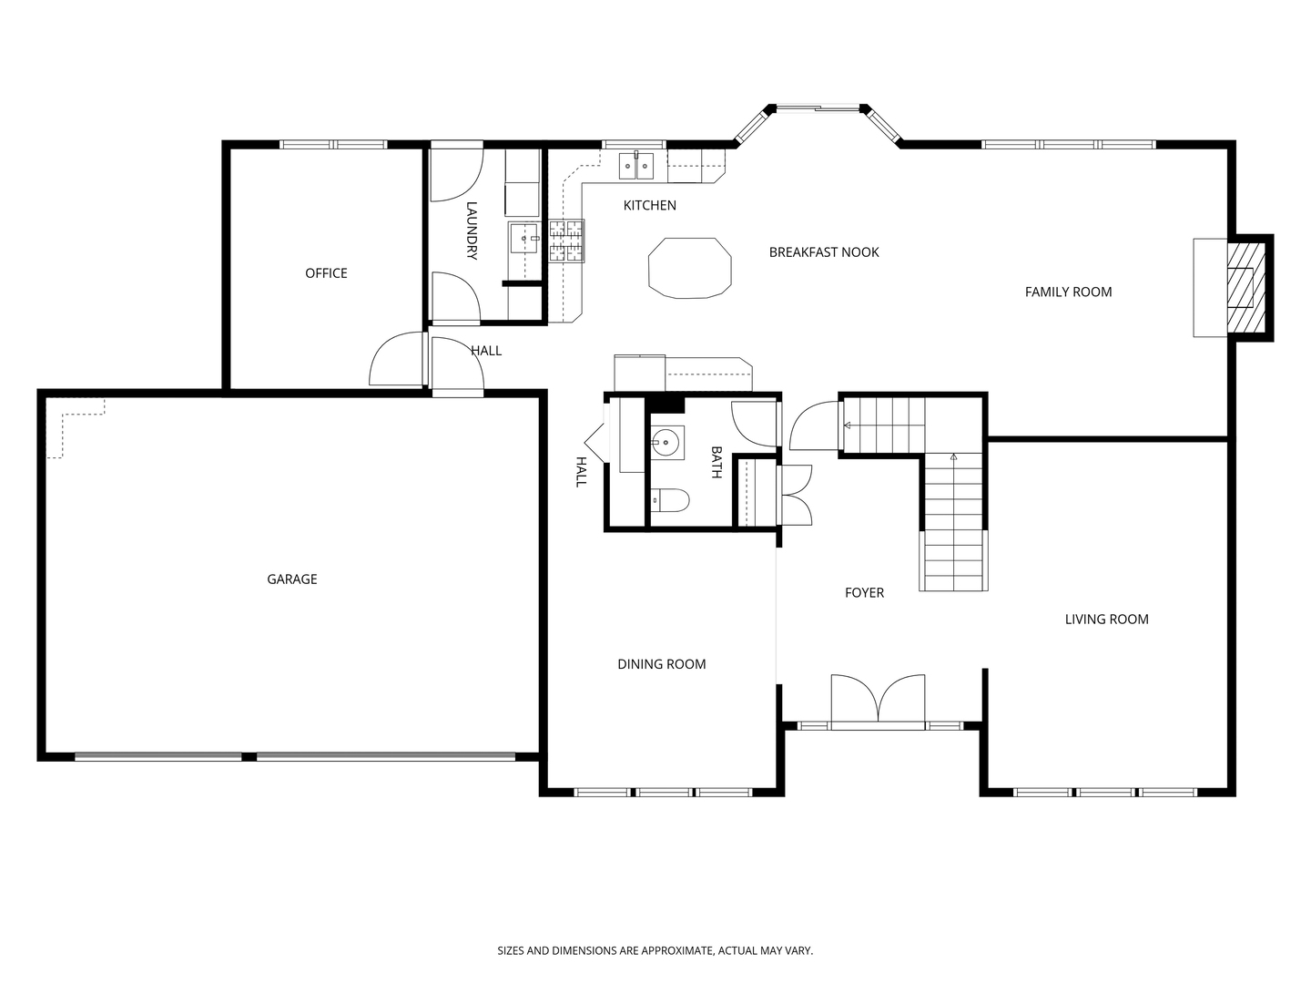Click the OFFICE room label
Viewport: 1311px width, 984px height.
tap(326, 273)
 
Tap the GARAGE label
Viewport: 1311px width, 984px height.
tap(291, 579)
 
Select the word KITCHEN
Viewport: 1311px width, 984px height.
tap(649, 205)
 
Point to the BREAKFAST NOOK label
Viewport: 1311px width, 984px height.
tap(824, 252)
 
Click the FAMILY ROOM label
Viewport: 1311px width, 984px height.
tap(1068, 292)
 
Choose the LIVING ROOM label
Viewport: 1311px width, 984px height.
tap(1106, 619)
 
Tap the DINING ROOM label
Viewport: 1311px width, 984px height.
tap(661, 664)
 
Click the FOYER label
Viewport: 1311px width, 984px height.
tap(864, 592)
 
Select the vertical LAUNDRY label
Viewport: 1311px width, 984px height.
tap(472, 231)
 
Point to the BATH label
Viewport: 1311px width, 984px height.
tap(716, 462)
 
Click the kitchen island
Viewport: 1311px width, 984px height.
tap(690, 268)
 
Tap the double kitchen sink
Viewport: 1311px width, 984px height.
tap(636, 165)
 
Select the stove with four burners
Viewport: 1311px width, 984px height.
tap(566, 241)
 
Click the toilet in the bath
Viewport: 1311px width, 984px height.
tap(669, 500)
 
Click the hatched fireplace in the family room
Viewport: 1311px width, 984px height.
tap(1245, 287)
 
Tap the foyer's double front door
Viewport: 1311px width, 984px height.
tap(878, 702)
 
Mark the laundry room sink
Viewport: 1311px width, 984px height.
tap(524, 239)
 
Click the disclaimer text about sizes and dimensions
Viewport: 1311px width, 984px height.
tap(655, 950)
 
